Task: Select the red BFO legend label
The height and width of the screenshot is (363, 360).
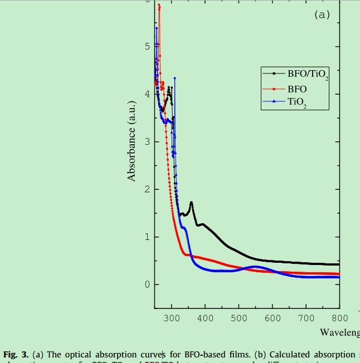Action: tap(297, 89)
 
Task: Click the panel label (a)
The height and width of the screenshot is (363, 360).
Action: tap(322, 15)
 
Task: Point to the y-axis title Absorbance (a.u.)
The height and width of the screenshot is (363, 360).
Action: tap(132, 141)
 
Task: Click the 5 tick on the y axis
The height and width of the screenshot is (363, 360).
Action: tap(147, 46)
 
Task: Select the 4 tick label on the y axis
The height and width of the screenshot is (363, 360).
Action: tap(147, 94)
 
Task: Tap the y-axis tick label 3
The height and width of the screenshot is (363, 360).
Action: tap(147, 141)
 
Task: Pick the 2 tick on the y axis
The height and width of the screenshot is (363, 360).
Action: tap(147, 189)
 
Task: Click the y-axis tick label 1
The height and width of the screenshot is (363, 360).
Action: tap(147, 237)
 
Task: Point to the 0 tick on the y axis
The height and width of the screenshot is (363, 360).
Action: tap(147, 285)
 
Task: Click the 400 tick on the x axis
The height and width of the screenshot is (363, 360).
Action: tap(205, 318)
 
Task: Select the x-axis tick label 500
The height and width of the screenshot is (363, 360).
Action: tap(239, 318)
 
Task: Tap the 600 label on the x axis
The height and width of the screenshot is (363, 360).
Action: tap(273, 318)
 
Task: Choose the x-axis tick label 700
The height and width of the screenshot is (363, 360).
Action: tap(306, 318)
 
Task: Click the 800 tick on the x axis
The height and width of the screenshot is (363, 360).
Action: tap(339, 318)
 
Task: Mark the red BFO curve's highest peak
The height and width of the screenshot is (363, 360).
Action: tap(159, 5)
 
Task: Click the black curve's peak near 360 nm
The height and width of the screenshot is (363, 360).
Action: tap(191, 203)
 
